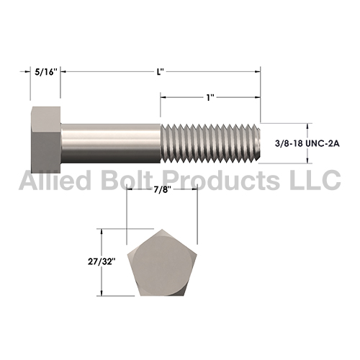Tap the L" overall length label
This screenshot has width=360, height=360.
click(161, 72)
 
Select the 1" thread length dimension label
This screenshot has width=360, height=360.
click(210, 97)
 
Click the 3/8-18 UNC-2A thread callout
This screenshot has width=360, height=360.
click(307, 143)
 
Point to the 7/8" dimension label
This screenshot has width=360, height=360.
click(162, 189)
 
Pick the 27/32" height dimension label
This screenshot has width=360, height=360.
click(100, 261)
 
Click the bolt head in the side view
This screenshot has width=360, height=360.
click(46, 140)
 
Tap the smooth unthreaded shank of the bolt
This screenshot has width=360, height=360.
click(111, 143)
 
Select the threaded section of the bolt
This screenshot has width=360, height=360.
click(210, 143)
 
